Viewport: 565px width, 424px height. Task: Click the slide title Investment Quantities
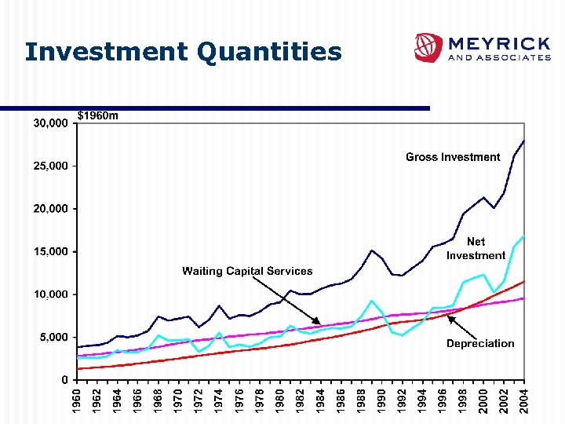[183, 52]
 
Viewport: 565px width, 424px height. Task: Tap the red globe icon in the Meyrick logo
[428, 47]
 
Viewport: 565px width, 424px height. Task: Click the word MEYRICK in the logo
[498, 42]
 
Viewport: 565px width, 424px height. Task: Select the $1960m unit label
[98, 115]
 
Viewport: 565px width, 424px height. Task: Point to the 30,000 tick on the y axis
[49, 123]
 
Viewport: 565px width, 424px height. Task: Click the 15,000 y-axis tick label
[49, 252]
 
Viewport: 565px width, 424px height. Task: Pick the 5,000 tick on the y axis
[53, 338]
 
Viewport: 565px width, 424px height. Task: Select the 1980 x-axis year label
[280, 400]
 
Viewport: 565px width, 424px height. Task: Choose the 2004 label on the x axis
[524, 400]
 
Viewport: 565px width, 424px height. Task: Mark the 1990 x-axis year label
[382, 400]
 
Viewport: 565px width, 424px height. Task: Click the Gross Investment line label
[453, 157]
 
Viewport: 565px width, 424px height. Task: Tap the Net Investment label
[476, 249]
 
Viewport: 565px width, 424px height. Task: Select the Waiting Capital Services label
[247, 271]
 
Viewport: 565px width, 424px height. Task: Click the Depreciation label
[480, 343]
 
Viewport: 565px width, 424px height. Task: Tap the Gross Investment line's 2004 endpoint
[524, 141]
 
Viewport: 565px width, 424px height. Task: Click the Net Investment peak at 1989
[372, 301]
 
